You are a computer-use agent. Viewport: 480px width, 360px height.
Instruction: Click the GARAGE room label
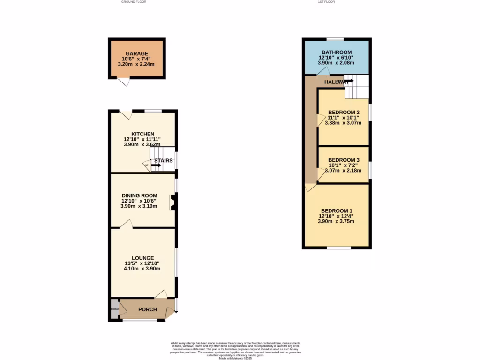(136, 53)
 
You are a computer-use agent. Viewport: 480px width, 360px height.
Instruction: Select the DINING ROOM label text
(139, 195)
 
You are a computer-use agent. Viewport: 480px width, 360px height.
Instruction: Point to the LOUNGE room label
(142, 258)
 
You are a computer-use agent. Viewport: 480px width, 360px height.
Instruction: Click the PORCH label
(147, 309)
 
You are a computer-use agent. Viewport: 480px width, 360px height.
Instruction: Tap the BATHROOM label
(336, 52)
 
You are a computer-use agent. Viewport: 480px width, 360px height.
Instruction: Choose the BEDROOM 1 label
(336, 210)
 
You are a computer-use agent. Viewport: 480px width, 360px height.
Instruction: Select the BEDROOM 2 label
(344, 112)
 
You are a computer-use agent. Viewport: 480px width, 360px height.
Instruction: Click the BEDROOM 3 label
(344, 160)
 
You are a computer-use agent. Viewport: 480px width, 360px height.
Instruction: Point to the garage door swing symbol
(124, 82)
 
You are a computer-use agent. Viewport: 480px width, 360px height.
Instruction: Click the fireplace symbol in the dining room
(173, 203)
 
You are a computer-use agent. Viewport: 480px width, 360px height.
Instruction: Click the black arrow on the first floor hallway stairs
(349, 81)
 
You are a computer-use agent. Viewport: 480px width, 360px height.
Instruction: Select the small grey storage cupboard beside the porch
(114, 309)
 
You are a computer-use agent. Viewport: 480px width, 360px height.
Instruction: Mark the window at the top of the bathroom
(335, 39)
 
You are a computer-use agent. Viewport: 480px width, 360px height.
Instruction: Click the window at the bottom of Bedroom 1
(339, 247)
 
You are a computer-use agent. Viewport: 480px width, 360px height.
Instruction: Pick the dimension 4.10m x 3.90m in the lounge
(142, 269)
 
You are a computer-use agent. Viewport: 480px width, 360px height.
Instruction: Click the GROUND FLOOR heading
(134, 2)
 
